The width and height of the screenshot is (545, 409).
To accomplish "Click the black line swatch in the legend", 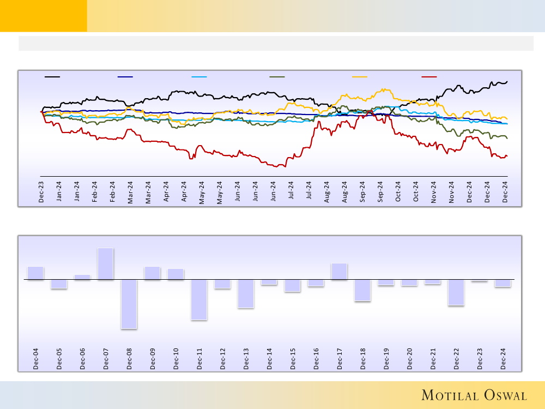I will click(x=52, y=77).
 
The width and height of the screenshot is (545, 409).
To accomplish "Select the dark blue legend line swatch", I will click(x=125, y=77).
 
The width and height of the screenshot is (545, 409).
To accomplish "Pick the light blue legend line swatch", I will click(x=199, y=77).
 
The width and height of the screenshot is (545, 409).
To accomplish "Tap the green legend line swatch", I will click(x=277, y=77).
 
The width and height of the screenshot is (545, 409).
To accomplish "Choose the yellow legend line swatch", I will click(x=360, y=77).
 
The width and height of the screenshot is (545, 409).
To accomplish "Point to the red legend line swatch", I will click(x=429, y=77).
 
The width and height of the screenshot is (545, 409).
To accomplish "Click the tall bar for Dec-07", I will click(x=106, y=264).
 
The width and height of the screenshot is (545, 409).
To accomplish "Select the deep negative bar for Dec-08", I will click(x=129, y=304).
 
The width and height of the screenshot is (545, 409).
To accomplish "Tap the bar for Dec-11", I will click(x=199, y=299).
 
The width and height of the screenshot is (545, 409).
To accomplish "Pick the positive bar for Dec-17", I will click(x=339, y=272).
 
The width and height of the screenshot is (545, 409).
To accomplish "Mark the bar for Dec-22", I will click(x=456, y=292).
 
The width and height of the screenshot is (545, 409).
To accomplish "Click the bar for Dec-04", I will click(x=35, y=273).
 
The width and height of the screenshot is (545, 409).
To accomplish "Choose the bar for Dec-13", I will click(x=246, y=293).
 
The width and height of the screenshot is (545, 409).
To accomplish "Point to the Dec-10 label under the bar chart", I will click(x=176, y=359).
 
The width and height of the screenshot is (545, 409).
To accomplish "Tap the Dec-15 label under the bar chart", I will click(x=293, y=359).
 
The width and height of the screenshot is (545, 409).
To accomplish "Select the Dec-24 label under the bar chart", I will click(x=503, y=359).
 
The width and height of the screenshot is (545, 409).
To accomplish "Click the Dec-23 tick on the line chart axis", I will click(x=41, y=193).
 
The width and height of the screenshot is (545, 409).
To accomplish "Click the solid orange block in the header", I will click(x=43, y=16).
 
